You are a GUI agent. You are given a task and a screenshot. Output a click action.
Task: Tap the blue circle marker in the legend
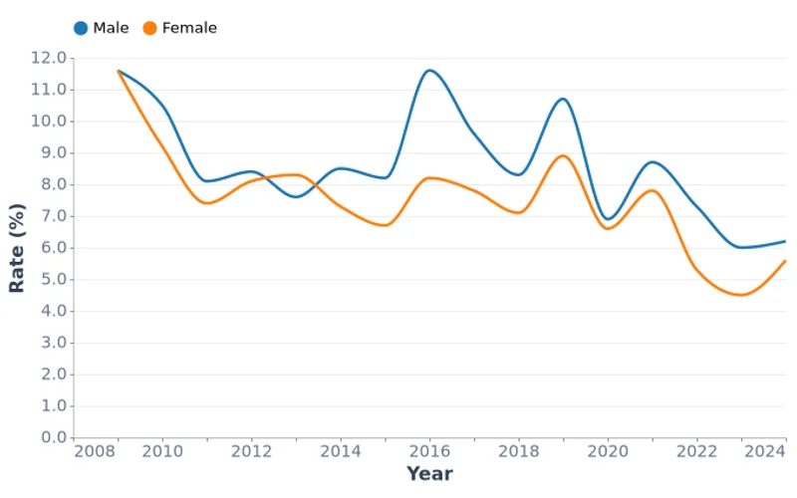pyautogui.click(x=81, y=28)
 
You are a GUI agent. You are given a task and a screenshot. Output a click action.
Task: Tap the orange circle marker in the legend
pyautogui.click(x=149, y=28)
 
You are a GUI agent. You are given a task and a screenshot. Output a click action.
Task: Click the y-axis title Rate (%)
pyautogui.click(x=16, y=247)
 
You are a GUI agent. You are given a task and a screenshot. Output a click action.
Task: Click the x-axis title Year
pyautogui.click(x=429, y=474)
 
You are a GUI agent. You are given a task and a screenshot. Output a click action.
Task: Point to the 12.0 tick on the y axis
pyautogui.click(x=49, y=58)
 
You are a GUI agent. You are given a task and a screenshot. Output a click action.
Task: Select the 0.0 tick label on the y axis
pyautogui.click(x=53, y=438)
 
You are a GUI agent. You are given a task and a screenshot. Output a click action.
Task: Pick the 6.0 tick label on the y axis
pyautogui.click(x=53, y=248)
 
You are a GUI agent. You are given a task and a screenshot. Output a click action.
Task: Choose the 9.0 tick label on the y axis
pyautogui.click(x=53, y=153)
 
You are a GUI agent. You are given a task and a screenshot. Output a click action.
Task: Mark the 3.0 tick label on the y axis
pyautogui.click(x=53, y=343)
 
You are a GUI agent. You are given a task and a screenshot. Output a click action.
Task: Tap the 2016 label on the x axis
pyautogui.click(x=429, y=452)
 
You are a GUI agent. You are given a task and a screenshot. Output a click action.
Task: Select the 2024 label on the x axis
pyautogui.click(x=765, y=452)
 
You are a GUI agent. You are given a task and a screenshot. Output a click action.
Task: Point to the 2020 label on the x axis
pyautogui.click(x=608, y=452)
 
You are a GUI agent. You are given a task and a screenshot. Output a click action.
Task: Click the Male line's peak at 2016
pyautogui.click(x=429, y=70)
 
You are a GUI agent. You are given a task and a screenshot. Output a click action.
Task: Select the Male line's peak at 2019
pyautogui.click(x=563, y=99)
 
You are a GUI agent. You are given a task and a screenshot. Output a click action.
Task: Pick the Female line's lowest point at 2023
pyautogui.click(x=741, y=295)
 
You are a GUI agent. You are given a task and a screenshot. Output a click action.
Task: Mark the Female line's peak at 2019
pyautogui.click(x=563, y=155)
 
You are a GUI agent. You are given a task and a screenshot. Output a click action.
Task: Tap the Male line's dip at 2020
pyautogui.click(x=609, y=219)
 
